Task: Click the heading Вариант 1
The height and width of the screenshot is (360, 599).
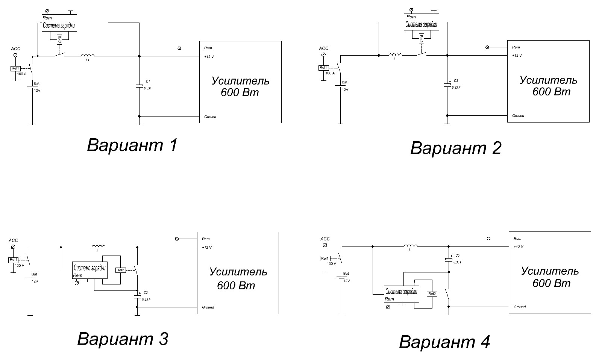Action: coord(132,145)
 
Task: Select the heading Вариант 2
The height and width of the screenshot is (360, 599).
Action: coord(455,148)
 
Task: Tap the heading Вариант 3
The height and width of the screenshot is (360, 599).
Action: coord(123,339)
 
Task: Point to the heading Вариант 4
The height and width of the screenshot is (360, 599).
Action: coord(444,342)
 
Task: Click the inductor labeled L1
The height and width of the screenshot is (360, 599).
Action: coord(86,56)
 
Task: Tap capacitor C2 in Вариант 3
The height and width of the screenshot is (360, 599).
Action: coord(137,296)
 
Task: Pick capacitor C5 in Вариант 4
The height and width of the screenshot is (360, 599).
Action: coord(449,259)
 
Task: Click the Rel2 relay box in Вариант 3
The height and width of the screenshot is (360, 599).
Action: coord(120,270)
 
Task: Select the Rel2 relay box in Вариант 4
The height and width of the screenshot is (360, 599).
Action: coord(432,294)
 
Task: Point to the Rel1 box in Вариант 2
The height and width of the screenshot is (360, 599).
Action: coord(323,68)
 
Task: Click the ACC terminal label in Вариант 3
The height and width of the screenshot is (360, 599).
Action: coord(13,240)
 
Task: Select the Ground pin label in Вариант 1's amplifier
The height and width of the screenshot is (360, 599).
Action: coord(210,117)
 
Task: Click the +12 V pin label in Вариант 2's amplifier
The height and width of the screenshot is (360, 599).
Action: coord(517,56)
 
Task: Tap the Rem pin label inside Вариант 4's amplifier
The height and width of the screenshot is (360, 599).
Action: coord(517,239)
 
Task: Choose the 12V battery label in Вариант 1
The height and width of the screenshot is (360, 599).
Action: coord(37,91)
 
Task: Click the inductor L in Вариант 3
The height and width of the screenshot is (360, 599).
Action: coord(99,247)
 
